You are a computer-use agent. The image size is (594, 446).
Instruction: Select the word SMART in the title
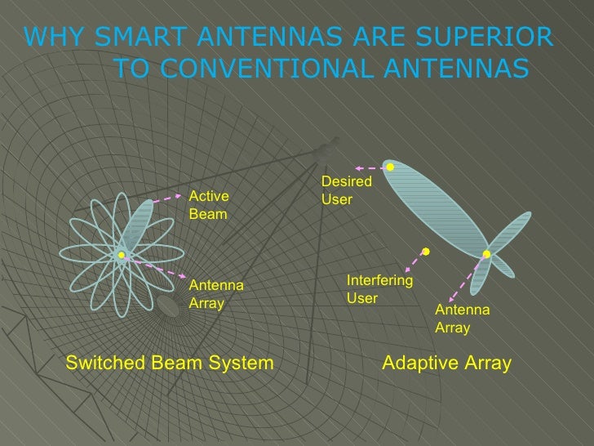[x=138, y=38]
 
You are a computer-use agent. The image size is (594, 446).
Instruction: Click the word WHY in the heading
[x=55, y=38]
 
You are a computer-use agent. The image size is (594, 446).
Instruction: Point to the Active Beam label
[x=209, y=205]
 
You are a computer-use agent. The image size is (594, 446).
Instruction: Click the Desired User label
[x=347, y=190]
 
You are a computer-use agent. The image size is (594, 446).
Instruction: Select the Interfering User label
[x=379, y=289]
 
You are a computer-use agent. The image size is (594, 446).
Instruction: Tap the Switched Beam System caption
[x=169, y=363]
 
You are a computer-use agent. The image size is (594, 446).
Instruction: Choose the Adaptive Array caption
[x=447, y=363]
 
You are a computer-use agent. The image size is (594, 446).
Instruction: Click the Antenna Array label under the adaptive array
[x=462, y=319]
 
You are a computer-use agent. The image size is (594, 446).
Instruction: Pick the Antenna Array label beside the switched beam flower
[x=216, y=294]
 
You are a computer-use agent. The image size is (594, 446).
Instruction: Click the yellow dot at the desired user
[x=390, y=167]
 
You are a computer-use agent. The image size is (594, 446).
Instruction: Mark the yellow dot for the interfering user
[x=425, y=251]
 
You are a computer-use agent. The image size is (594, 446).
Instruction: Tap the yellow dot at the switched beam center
[x=121, y=256]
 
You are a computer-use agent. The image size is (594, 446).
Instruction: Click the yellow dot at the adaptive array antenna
[x=486, y=255]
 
